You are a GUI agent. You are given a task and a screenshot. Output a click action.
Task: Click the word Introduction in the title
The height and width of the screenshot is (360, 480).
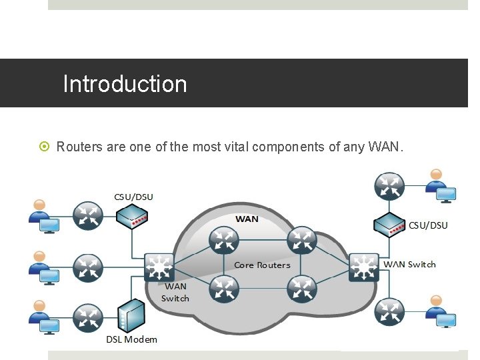coord(125,84)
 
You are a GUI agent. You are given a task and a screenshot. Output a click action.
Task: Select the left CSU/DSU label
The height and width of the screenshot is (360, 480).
coord(133,197)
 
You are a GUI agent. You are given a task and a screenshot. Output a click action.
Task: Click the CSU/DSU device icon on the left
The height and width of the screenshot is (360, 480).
coord(131,216)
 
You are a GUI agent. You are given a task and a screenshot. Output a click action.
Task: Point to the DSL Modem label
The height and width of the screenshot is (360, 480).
coord(132,339)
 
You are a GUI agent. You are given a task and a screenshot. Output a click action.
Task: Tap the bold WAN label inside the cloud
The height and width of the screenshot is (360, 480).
coord(247,219)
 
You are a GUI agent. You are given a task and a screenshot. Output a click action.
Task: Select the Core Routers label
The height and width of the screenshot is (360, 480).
coord(262,265)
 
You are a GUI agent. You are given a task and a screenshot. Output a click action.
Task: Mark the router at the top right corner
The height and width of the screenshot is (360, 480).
coord(389,186)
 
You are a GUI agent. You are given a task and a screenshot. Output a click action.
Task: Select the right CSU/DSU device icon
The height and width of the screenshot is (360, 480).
coord(389,225)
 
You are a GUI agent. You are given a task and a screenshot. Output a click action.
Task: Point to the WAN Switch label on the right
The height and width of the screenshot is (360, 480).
coord(409,265)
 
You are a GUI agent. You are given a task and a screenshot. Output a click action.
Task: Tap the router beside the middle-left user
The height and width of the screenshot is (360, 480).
coord(87,267)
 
